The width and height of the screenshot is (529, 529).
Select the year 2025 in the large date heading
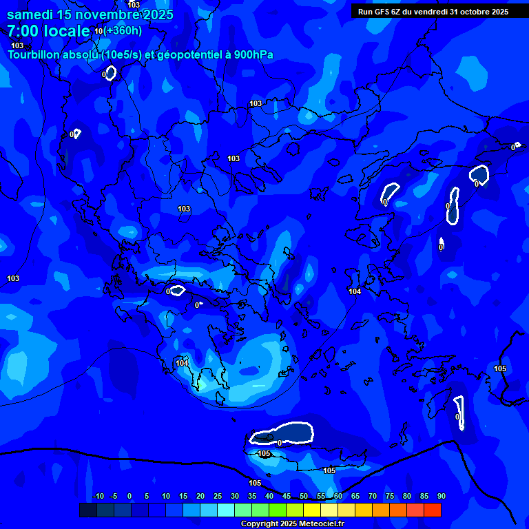(x=158, y=14)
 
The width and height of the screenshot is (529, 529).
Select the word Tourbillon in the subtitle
(x=34, y=54)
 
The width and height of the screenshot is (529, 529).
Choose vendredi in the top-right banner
(x=427, y=11)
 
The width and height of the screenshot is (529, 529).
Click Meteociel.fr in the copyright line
(x=316, y=524)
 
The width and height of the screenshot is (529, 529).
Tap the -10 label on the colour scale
(x=98, y=496)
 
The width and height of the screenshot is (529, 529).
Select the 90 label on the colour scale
(x=442, y=496)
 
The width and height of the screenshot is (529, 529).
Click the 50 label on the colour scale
(x=304, y=496)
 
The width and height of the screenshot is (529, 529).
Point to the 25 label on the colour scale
(x=218, y=496)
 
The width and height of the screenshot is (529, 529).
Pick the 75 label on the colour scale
(x=390, y=496)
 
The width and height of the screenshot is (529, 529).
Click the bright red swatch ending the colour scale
(x=433, y=510)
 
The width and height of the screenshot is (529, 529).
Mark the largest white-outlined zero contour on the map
(x=282, y=433)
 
